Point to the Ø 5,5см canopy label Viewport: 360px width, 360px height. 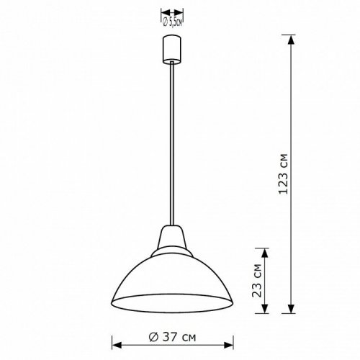(x=173, y=21)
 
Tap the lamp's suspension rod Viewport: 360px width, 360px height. (x=173, y=144)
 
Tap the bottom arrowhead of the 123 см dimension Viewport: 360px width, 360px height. (x=292, y=311)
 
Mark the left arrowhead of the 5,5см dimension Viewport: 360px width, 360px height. (x=163, y=13)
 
